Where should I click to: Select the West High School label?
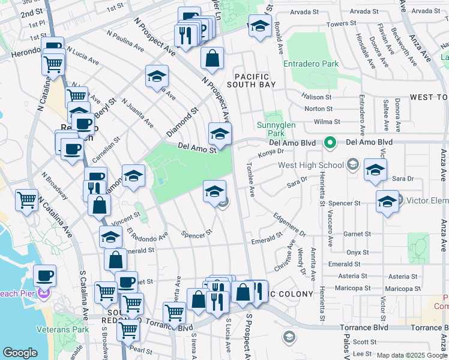tap(311, 165)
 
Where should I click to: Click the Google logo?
tap(20, 353)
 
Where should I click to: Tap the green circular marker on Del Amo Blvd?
tap(330, 143)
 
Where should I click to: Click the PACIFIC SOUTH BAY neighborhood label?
tap(255, 80)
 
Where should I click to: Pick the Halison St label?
tap(317, 97)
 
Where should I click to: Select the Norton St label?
tap(319, 109)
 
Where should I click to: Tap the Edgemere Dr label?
tap(289, 225)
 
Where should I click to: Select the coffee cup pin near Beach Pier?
tap(44, 277)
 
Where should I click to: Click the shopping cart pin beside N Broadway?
tap(27, 200)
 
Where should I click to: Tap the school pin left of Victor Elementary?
tap(387, 202)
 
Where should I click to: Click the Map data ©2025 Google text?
tap(411, 355)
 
